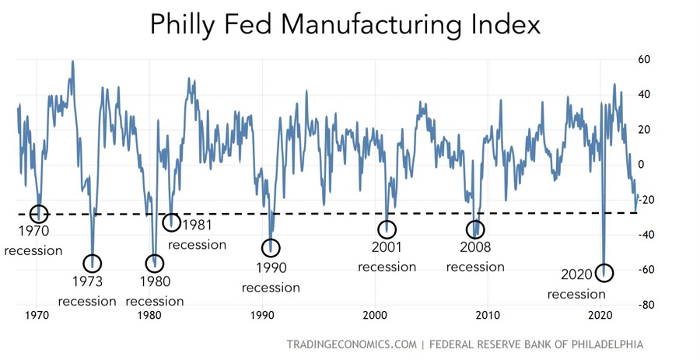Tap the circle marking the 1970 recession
pos(39,213)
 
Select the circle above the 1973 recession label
pos(92,263)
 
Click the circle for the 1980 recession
pos(155,263)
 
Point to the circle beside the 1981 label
pos(172,222)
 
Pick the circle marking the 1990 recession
pos(271,248)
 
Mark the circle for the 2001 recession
pos(387,229)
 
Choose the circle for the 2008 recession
pos(474,229)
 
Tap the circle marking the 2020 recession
pos(604,273)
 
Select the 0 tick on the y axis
pos(642,164)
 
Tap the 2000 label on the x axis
pos(375,316)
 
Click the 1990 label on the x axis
pos(262,316)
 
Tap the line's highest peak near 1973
pos(73,61)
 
